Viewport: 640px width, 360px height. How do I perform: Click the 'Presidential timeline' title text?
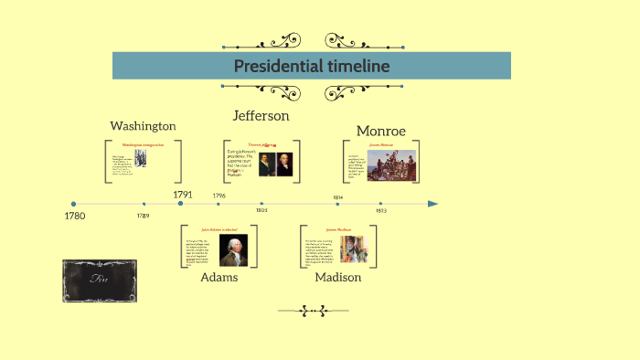311,66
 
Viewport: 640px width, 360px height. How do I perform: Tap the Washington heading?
143,126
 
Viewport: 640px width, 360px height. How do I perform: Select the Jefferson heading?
261,116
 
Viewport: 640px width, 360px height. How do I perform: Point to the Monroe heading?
380,131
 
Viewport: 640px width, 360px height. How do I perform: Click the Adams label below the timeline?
219,277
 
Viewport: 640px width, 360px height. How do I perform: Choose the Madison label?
337,277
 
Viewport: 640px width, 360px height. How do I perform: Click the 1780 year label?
74,217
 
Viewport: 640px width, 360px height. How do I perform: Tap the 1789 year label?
144,216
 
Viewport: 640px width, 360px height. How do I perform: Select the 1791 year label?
182,194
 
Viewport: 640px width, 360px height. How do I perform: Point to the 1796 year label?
219,196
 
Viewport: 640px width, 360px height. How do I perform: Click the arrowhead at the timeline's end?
433,204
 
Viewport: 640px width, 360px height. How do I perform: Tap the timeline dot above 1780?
74,204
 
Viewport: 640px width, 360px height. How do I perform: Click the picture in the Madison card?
354,249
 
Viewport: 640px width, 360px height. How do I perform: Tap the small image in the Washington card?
141,158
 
